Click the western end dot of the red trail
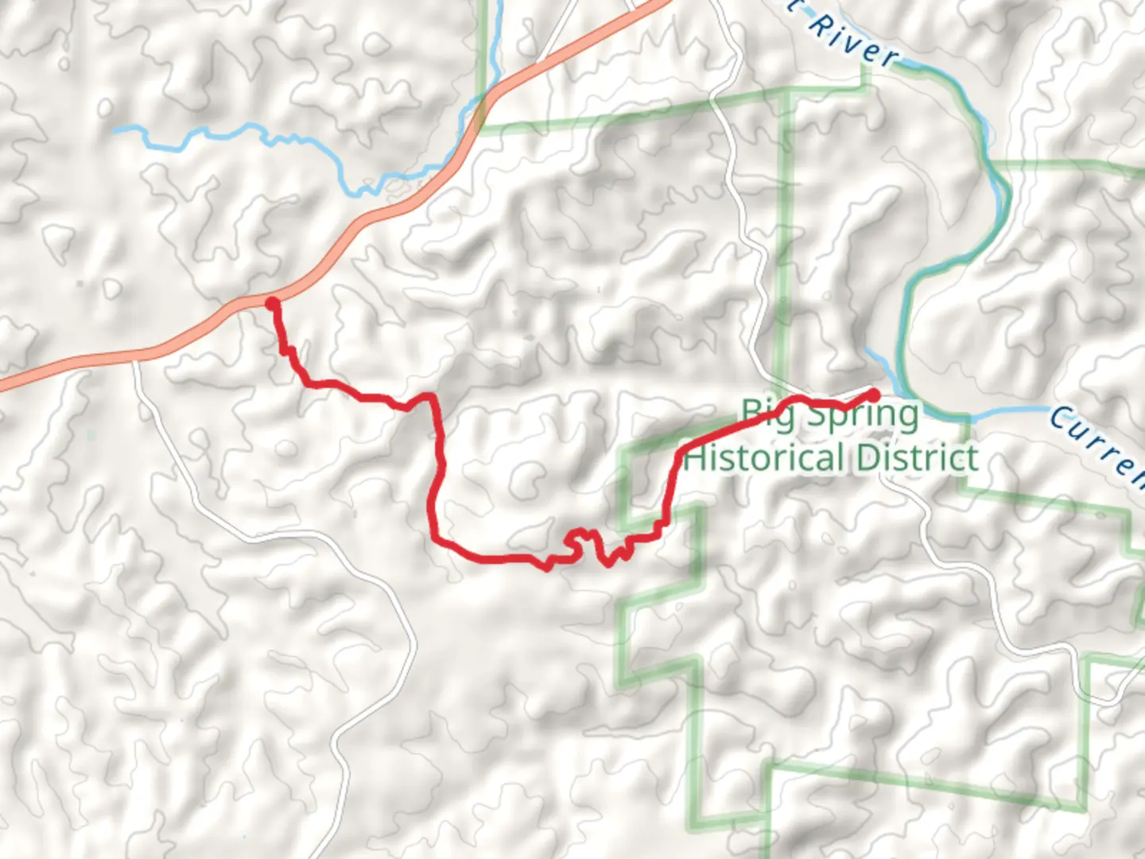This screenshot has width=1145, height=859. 272,303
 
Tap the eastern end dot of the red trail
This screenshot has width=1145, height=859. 873,395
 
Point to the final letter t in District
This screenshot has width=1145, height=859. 972,459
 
